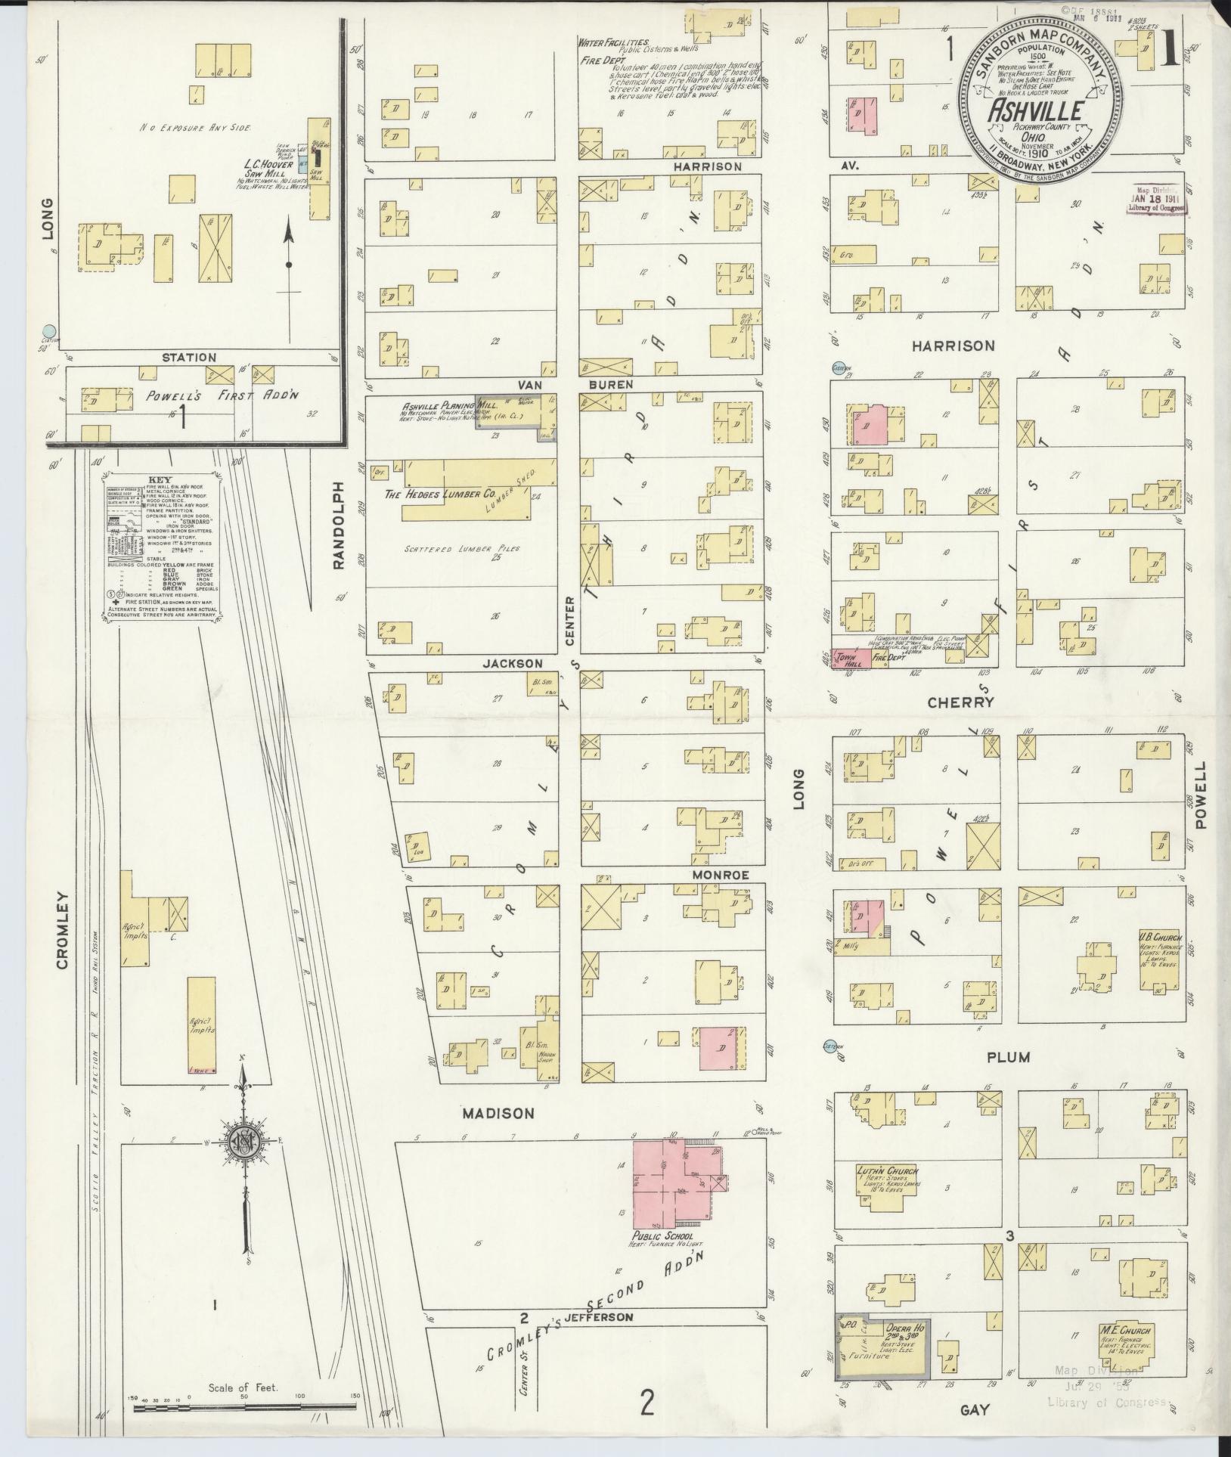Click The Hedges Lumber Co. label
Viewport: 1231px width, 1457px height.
click(445, 494)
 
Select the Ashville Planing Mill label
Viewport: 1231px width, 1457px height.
click(439, 405)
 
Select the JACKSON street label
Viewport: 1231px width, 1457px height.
click(513, 663)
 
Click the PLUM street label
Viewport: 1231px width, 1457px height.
click(1008, 1057)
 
